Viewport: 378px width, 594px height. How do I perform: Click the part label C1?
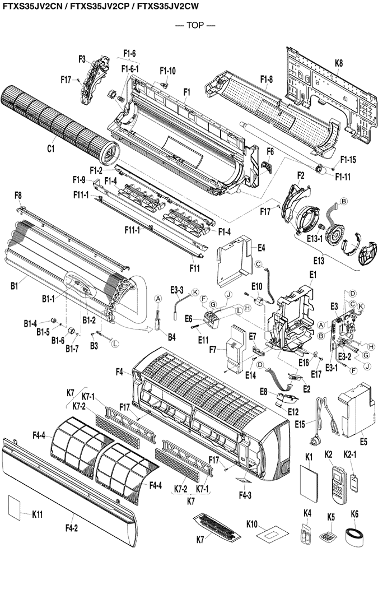[50, 148]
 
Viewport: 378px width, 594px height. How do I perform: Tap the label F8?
[18, 195]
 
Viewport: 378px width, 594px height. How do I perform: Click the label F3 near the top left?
[82, 58]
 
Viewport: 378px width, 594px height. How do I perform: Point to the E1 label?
[312, 274]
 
